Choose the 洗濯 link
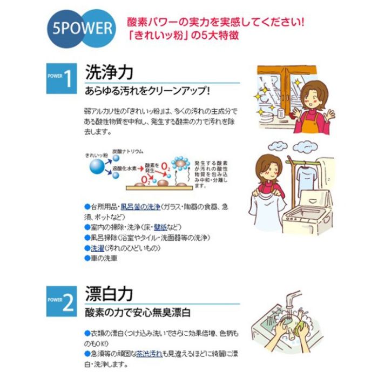[97, 247]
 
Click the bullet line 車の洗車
[105, 258]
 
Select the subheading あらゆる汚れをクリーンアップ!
[151, 90]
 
